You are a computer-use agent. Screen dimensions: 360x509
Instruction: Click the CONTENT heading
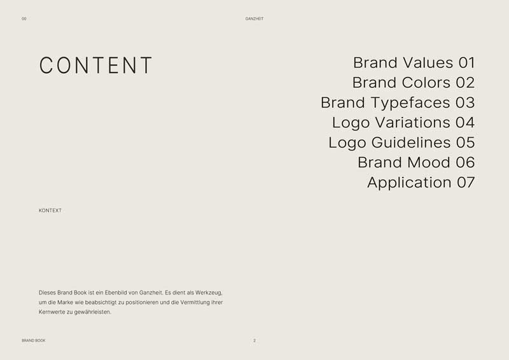click(x=96, y=66)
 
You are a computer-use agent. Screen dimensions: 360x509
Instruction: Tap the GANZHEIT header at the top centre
click(x=254, y=19)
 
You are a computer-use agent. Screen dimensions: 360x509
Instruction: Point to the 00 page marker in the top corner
click(x=24, y=19)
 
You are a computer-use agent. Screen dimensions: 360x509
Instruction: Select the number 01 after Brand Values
click(x=466, y=63)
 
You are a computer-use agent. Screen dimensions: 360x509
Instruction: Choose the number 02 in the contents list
click(x=465, y=83)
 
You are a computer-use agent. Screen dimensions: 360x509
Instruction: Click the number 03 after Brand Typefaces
click(x=465, y=102)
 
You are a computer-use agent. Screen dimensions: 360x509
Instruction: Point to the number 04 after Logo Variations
click(x=465, y=122)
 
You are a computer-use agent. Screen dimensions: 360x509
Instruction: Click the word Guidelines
click(x=410, y=142)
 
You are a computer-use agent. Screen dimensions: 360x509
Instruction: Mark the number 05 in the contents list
click(x=465, y=142)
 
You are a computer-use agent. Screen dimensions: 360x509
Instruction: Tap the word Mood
click(x=428, y=162)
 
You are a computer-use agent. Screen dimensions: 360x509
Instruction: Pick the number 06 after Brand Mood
click(x=465, y=162)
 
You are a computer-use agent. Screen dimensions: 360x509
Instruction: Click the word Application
click(x=409, y=183)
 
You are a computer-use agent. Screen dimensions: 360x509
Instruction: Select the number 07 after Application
click(x=466, y=183)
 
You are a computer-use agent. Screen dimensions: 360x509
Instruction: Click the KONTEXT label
click(x=50, y=211)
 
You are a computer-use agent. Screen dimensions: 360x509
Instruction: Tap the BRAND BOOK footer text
click(x=34, y=341)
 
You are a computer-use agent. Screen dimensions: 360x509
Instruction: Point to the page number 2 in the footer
click(x=254, y=341)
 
